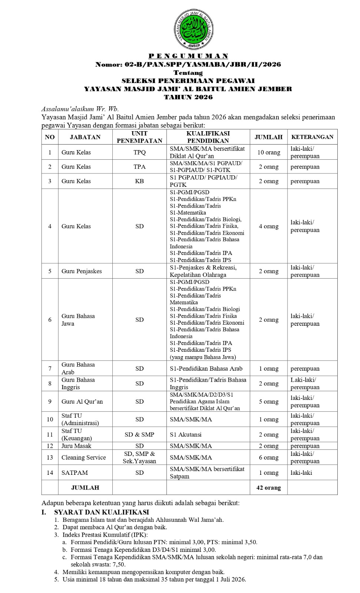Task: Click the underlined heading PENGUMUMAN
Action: point(188,56)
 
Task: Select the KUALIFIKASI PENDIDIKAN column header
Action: point(208,137)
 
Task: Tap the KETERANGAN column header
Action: point(312,137)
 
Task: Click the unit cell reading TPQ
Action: point(139,152)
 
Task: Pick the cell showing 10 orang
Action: point(268,152)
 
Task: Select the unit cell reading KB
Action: point(139,181)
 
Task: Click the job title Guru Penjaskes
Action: point(82,271)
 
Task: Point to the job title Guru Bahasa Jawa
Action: point(78,320)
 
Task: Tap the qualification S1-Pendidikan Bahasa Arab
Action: point(206,369)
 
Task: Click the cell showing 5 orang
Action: point(268,401)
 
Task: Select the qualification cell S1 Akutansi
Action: point(186,434)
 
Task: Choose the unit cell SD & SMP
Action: point(139,434)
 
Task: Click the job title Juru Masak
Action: point(76,446)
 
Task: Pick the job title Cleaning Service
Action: point(84,457)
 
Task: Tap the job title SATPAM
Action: point(75,473)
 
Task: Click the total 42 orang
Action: point(268,488)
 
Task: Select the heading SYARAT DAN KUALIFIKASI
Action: point(102,512)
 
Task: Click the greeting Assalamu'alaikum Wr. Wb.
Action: point(80,109)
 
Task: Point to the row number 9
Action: point(50,401)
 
